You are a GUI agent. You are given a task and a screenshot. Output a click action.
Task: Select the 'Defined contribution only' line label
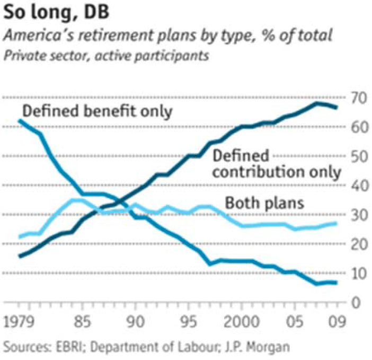click(276, 164)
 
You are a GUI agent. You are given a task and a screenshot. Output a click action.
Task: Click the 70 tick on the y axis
click(357, 98)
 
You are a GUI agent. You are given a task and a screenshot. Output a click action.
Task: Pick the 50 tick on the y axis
click(357, 157)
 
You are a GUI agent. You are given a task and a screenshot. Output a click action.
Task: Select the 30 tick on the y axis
click(357, 216)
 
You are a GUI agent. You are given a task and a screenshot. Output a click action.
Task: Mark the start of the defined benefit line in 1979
click(20, 121)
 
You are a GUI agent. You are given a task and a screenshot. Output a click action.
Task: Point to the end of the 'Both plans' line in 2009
click(336, 223)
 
